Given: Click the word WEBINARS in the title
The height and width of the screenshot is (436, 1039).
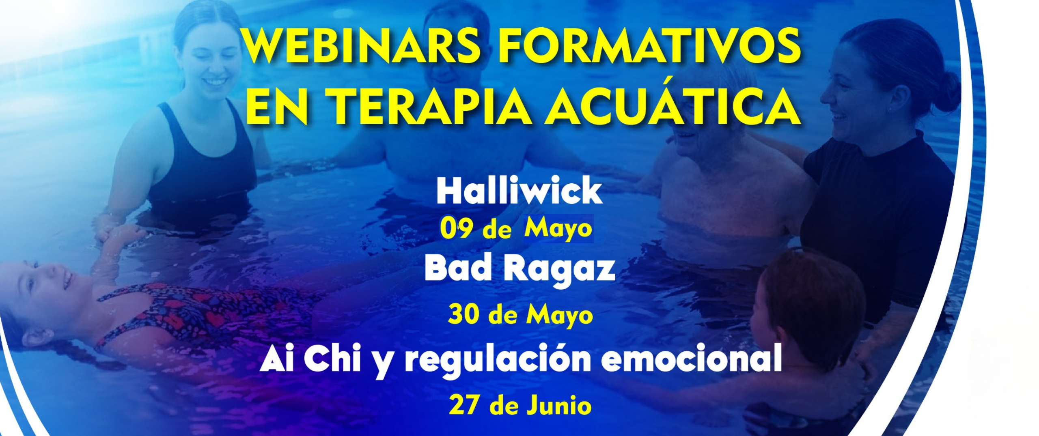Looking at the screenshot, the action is point(360,48).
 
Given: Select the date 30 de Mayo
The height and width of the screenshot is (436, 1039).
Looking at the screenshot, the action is point(520,316).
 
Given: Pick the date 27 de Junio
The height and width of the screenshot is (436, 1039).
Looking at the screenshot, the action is point(520,406).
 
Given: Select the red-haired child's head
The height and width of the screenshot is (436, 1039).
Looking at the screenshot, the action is point(808,296).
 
